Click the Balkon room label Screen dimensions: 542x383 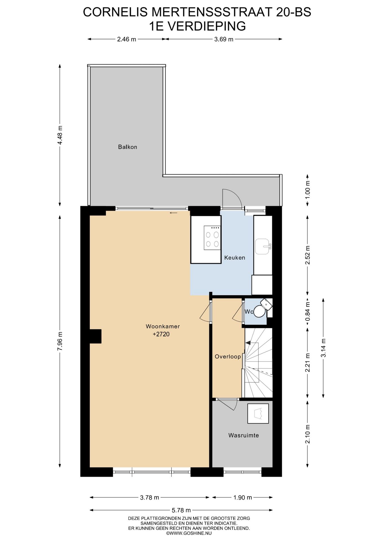point(127,147)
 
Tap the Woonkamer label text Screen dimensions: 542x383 point(163,326)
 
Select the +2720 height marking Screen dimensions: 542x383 point(161,334)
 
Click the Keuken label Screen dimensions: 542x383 point(235,257)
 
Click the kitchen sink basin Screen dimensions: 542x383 point(262,246)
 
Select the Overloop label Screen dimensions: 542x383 point(228,357)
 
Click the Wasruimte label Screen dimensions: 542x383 point(243,435)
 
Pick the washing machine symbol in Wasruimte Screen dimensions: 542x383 point(258,414)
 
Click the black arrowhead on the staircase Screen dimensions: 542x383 point(248,343)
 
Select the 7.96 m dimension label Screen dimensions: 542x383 point(60,341)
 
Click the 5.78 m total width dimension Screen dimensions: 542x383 point(181,510)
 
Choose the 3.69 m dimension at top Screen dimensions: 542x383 point(224,39)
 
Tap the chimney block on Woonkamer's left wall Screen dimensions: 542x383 point(96,336)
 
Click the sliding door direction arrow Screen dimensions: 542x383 point(173,213)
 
